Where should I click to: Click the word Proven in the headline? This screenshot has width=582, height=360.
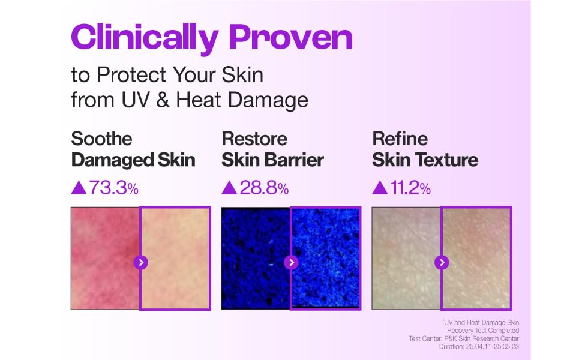290,37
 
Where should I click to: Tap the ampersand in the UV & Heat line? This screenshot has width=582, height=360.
163,100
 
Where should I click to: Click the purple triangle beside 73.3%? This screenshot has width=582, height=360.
79,187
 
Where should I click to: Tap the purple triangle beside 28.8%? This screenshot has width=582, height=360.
229,187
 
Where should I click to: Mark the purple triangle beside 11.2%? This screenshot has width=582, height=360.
380,187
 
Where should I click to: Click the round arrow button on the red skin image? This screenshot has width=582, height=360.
140,263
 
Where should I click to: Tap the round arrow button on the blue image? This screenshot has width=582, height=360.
292,263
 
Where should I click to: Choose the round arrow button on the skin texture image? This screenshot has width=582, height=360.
442,263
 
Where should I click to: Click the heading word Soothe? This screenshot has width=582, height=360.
101,139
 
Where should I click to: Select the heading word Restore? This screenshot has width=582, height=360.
254,139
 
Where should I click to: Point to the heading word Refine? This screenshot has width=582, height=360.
400,139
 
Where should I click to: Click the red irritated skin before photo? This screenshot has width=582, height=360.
106,259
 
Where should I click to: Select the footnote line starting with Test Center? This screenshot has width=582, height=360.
464,338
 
